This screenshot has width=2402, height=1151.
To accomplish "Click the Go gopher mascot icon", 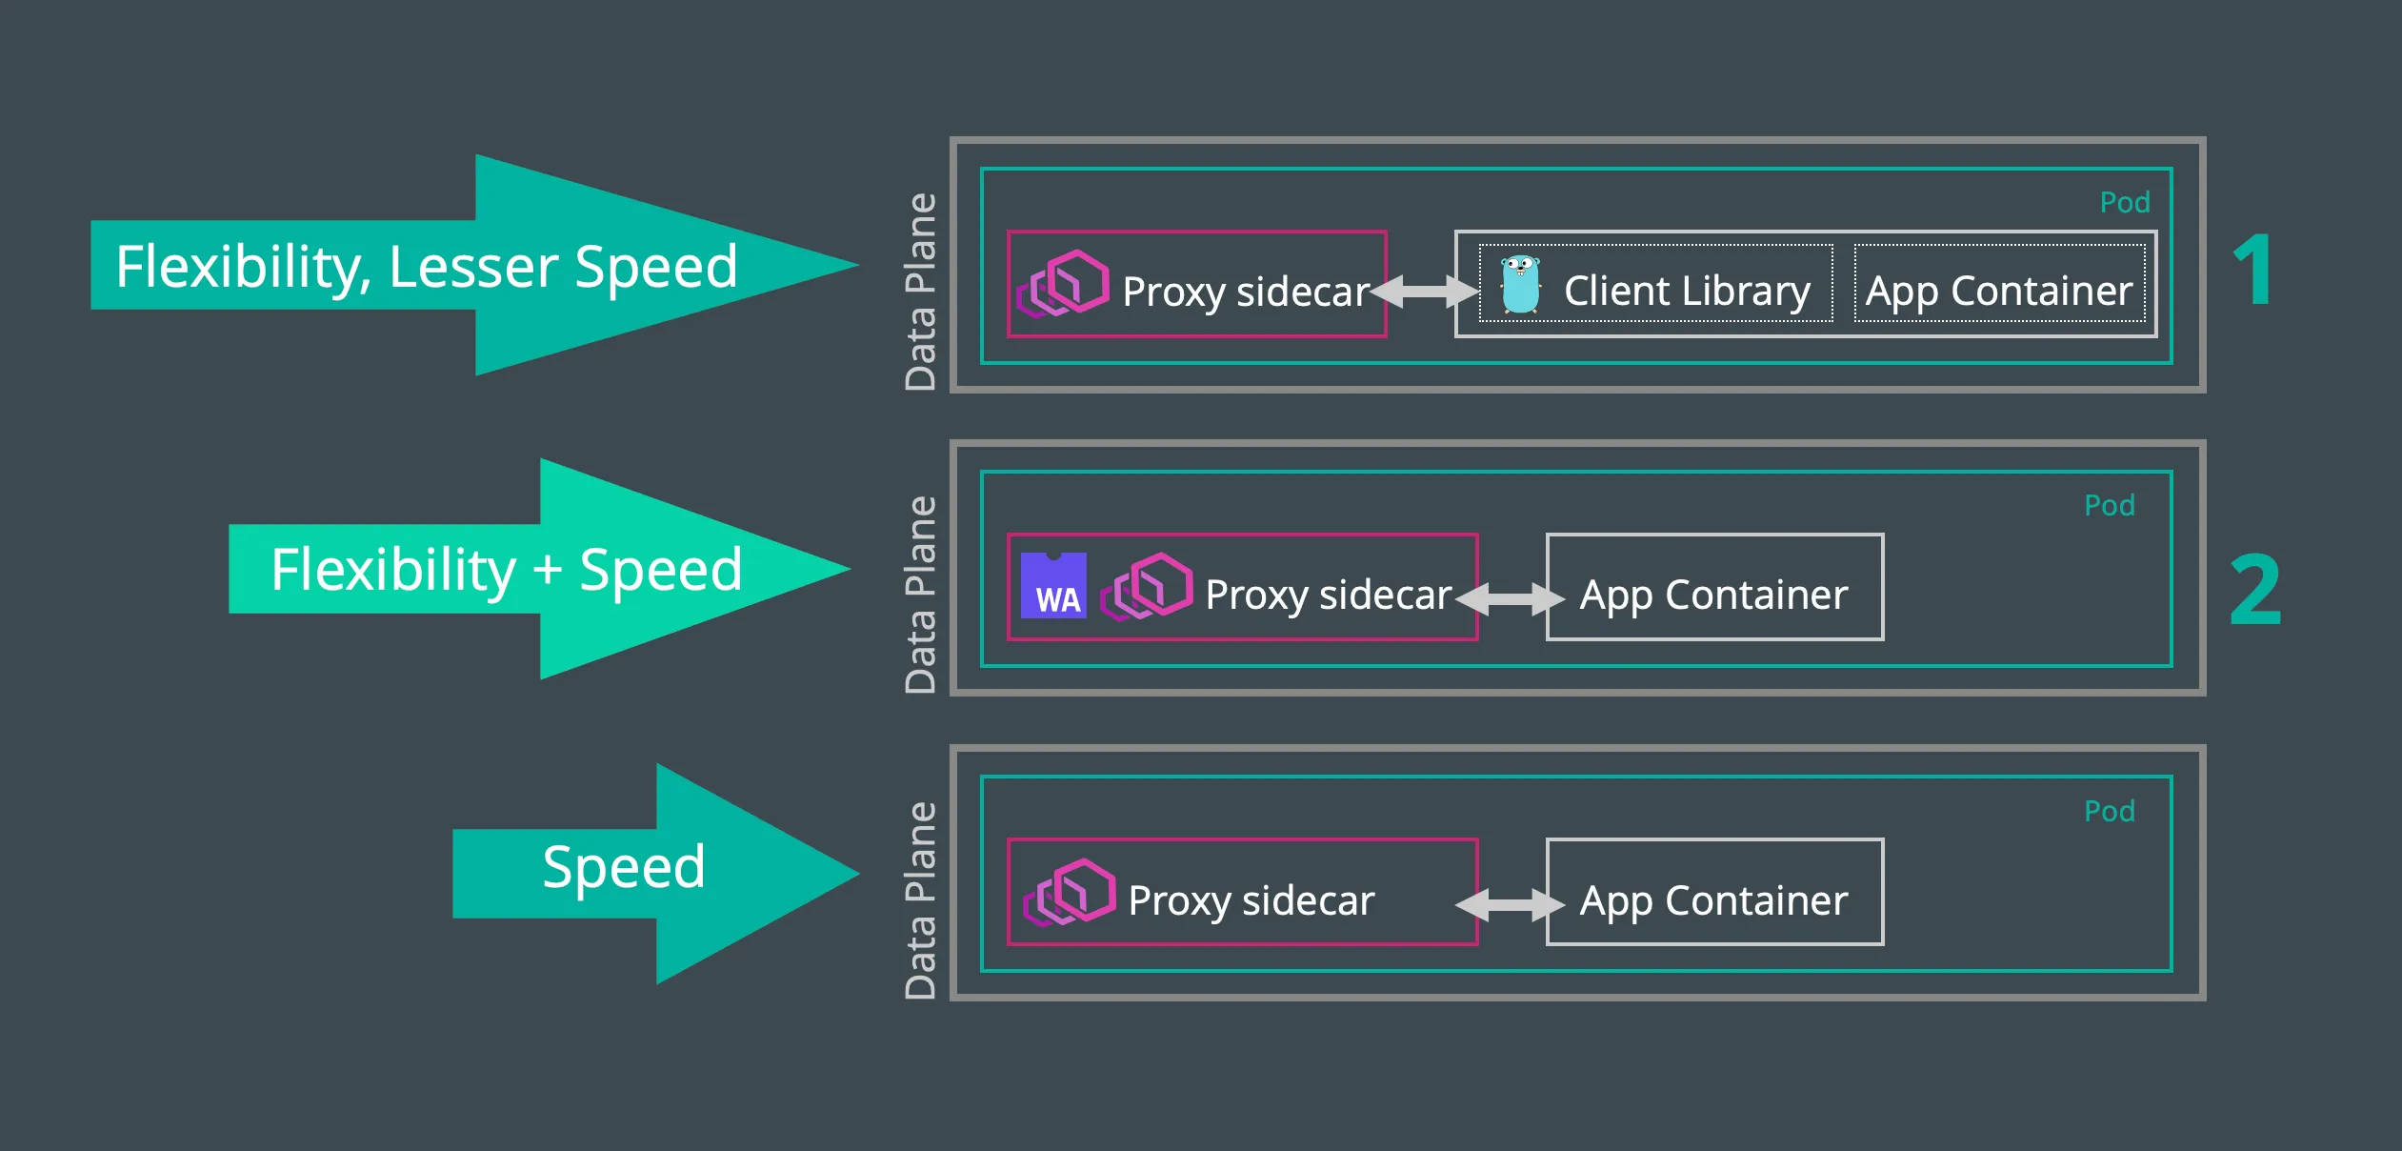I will point(1521,284).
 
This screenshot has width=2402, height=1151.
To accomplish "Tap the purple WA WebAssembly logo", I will point(1053,585).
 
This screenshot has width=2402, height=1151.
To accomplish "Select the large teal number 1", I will point(2254,271).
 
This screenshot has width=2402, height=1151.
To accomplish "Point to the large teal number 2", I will point(2255,591).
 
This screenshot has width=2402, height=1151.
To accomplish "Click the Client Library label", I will point(1686,291).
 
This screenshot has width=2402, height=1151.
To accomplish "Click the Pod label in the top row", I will point(2125,202).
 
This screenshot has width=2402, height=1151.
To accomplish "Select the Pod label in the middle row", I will point(2110,505).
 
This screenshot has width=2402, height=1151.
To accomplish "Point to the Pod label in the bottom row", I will point(2110,811).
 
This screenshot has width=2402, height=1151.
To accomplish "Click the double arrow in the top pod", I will point(1423,292).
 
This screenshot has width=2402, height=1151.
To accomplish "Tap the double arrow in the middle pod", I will point(1511,599).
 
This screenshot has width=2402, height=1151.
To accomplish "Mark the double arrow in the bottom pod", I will point(1511,904).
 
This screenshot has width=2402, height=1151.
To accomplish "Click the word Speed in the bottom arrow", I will point(624,867).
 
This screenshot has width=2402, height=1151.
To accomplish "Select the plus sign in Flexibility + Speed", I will point(548,570).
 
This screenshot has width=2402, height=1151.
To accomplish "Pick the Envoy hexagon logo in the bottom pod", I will point(1070,893).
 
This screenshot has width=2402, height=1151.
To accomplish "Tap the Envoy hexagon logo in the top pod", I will point(1063,284).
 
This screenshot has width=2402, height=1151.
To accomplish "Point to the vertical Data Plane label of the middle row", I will point(920,595).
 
